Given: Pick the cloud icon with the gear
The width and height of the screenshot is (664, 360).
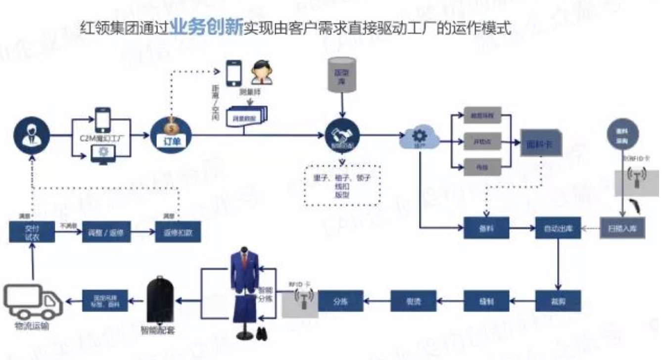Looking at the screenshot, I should point(420,136).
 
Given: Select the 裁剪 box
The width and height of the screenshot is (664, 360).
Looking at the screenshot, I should point(558,300).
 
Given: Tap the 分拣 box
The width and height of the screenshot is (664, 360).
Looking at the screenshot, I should point(340,300).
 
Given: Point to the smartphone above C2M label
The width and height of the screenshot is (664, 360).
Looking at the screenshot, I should point(102,120).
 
